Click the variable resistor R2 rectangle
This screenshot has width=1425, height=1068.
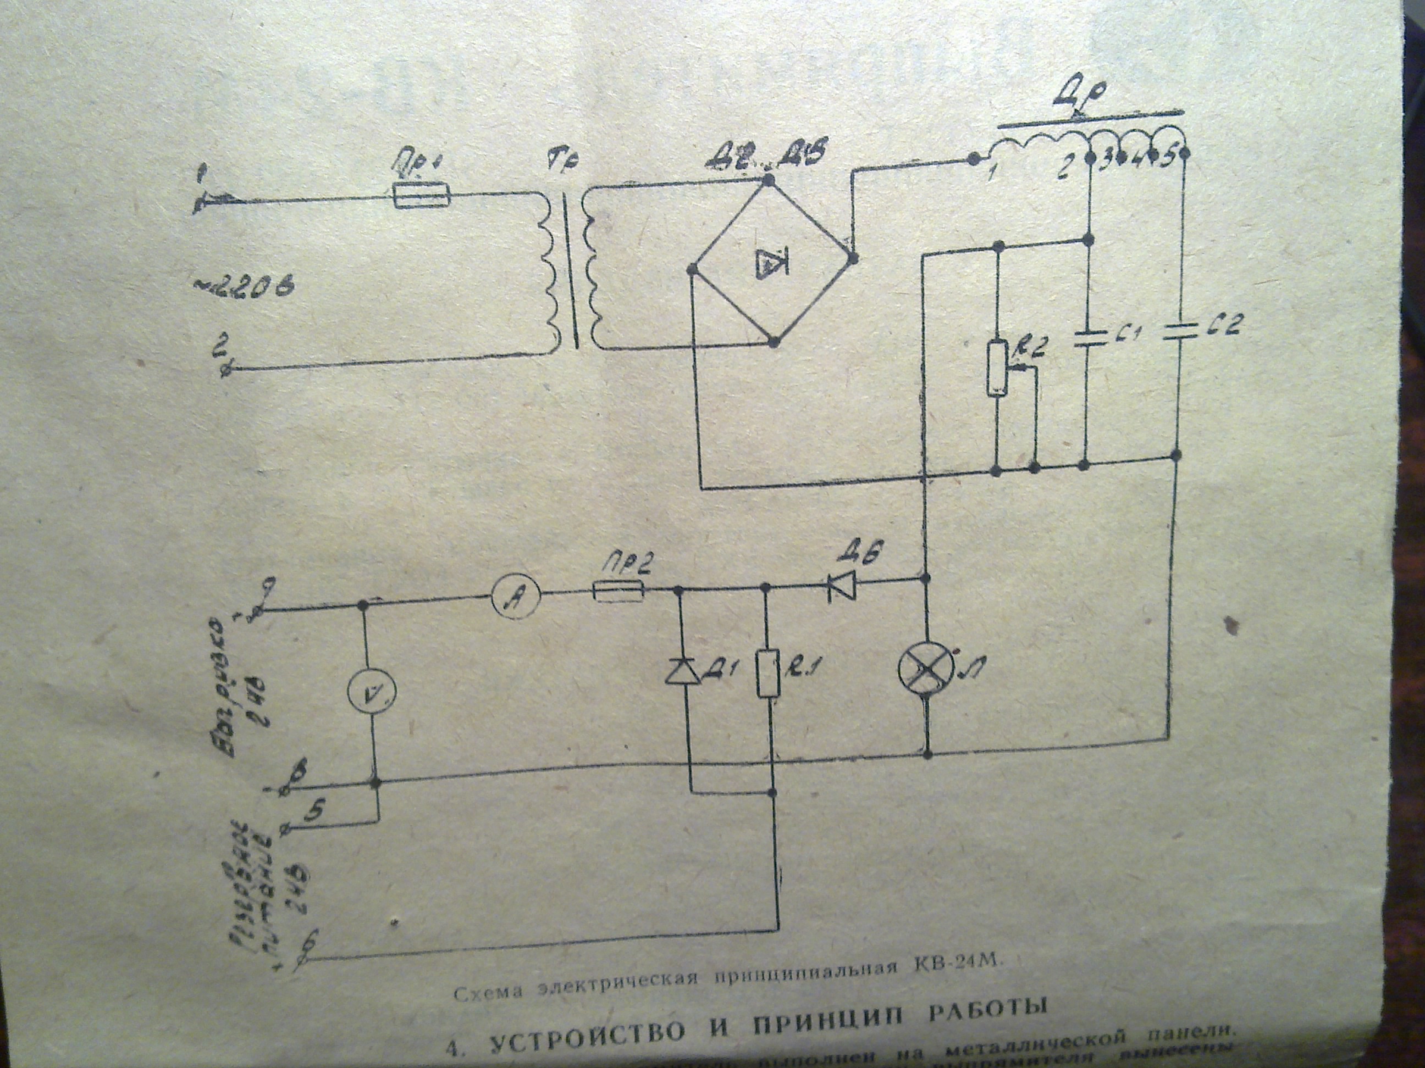997,368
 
